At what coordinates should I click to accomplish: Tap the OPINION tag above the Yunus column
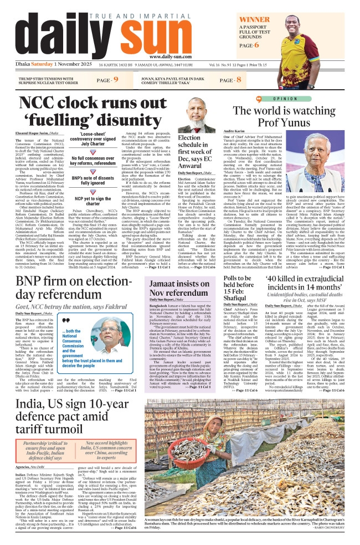(285, 99)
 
